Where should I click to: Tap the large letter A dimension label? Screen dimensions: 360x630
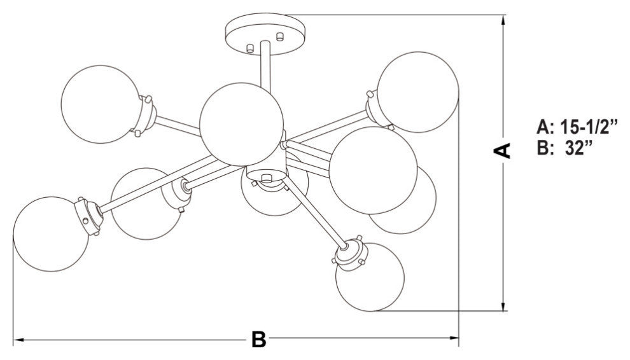(x=503, y=150)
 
